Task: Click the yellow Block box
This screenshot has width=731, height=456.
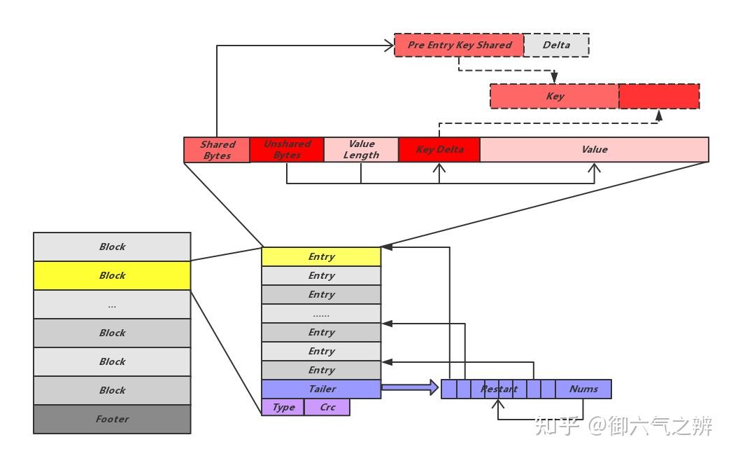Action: point(112,275)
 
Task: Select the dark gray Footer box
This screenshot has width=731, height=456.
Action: point(112,419)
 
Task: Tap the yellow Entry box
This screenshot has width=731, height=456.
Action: point(321,256)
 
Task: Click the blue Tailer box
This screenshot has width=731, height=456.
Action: point(321,389)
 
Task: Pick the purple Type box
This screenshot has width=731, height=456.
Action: point(283,407)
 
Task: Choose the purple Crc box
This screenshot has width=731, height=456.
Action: point(327,407)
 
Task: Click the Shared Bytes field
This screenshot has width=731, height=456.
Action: point(217,150)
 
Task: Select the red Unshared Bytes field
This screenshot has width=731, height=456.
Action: point(287,150)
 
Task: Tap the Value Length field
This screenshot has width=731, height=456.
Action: point(361,150)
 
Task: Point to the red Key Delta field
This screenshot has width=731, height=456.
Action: point(439,150)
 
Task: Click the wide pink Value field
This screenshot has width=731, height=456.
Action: point(594,150)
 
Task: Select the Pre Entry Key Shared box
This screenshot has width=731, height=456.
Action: point(458,45)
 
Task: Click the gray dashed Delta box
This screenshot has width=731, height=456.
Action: point(556,45)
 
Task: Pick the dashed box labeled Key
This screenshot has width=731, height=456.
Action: point(554,97)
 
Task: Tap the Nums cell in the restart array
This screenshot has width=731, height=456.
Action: point(583,389)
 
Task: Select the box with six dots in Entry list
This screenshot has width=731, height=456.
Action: point(321,313)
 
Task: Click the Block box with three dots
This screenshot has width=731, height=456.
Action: point(112,305)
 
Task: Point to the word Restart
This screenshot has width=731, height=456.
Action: point(499,389)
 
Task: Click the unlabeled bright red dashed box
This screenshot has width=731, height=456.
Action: point(659,97)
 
